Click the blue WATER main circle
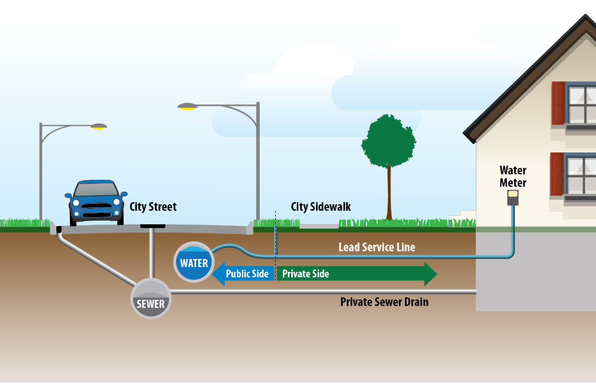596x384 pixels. click(x=194, y=262)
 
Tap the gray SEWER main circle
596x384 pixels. click(x=151, y=299)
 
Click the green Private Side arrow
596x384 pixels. click(x=357, y=274)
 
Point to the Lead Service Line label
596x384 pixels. click(x=377, y=248)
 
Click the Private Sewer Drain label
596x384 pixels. click(x=385, y=302)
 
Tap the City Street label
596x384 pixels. click(x=153, y=207)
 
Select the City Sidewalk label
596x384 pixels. click(x=321, y=207)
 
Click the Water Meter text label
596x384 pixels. click(x=513, y=176)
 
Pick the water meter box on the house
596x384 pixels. click(x=513, y=198)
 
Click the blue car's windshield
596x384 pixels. click(x=96, y=189)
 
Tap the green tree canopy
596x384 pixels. click(x=389, y=141)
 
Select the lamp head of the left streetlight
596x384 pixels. click(x=99, y=127)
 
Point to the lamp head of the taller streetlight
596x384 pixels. click(x=188, y=107)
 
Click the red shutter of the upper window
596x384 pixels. click(x=559, y=103)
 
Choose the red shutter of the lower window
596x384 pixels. click(x=557, y=174)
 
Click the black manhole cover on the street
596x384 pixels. click(x=153, y=226)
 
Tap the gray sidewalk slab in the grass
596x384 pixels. click(x=319, y=226)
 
